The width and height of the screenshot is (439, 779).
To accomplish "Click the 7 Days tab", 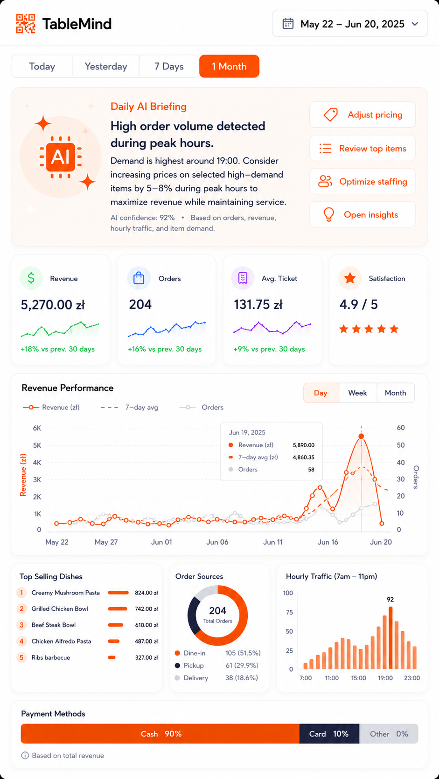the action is click(169, 67).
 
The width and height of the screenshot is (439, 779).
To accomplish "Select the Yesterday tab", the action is click(106, 67).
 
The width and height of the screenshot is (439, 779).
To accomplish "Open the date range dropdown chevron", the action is click(415, 24).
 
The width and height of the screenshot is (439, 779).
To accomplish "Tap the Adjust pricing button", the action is click(362, 115).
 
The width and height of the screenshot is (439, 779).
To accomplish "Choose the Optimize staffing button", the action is click(362, 182).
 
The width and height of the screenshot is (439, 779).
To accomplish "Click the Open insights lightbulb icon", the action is click(328, 215).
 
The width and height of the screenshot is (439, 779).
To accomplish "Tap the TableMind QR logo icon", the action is click(26, 24).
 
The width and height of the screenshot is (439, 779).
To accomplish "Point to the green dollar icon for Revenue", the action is click(31, 278).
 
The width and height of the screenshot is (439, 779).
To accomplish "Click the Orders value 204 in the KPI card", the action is click(140, 305).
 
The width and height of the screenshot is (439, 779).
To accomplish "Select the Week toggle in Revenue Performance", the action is click(357, 393).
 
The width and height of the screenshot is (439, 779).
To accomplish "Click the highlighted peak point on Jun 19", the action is click(362, 436).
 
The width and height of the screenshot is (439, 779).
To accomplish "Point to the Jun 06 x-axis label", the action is click(217, 542).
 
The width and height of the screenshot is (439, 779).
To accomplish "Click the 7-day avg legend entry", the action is click(130, 407).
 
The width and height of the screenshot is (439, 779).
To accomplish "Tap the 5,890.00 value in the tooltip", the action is click(304, 445).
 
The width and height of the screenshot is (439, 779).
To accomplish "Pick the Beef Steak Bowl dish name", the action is click(54, 625).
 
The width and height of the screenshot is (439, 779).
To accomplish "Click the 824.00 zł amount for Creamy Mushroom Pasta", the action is click(146, 593).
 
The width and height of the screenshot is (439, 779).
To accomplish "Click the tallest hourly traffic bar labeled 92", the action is click(390, 638).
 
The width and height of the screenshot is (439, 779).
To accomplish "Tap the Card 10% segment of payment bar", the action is click(329, 734).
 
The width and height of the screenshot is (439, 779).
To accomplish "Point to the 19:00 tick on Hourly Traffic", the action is click(385, 678).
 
